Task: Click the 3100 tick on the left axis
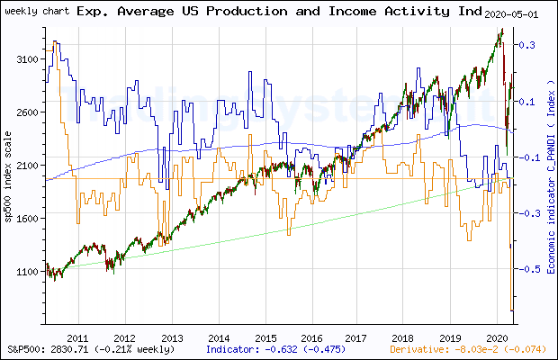29,59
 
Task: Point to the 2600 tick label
29,112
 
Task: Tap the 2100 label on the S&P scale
29,166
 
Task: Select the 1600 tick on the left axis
29,219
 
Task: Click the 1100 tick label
29,272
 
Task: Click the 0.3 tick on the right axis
530,45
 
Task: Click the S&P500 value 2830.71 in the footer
72,347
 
